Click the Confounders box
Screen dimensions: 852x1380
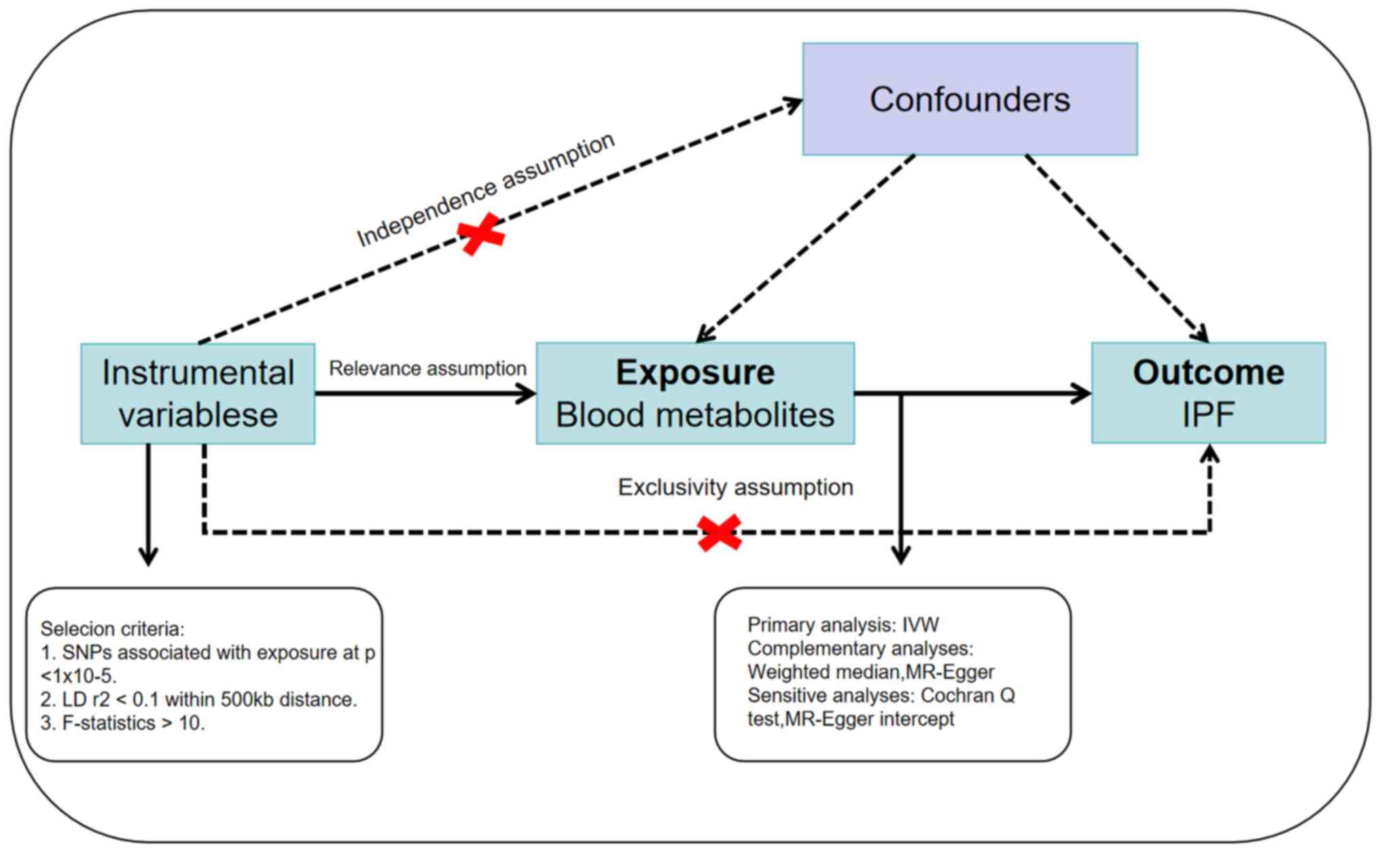[x=970, y=99]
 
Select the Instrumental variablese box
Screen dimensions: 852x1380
[x=198, y=393]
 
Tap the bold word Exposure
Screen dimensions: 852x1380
[x=695, y=372]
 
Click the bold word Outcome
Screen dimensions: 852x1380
[x=1208, y=372]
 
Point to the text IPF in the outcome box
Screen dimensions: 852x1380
[x=1208, y=414]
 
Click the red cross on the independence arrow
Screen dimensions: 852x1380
[x=482, y=234]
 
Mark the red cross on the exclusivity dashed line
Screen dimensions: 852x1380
[x=720, y=533]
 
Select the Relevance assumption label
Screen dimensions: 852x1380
[x=427, y=368]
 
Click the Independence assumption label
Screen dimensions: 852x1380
[x=485, y=190]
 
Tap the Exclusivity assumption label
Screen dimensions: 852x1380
[x=735, y=487]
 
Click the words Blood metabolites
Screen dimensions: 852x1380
[x=695, y=414]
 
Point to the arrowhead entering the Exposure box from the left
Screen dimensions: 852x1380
[x=527, y=393]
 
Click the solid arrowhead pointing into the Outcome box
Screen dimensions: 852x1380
[x=1082, y=393]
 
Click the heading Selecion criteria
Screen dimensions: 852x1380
[x=112, y=628]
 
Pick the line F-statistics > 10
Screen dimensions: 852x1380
[x=122, y=723]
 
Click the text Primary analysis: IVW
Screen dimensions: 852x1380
[x=843, y=624]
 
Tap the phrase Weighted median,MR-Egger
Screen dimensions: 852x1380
[x=870, y=671]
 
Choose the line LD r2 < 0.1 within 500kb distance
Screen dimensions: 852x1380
[x=198, y=699]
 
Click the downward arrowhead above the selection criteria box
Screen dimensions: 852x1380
[x=148, y=557]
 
